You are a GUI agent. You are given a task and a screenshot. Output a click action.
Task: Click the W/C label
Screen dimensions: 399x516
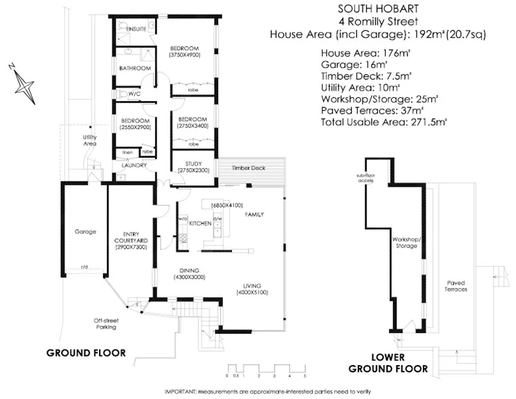(133, 94)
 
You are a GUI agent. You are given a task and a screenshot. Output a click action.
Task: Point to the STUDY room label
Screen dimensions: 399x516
(184, 163)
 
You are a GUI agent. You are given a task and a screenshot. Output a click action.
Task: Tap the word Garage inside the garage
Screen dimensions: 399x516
(86, 232)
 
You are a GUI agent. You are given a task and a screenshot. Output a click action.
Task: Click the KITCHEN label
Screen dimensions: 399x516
(200, 224)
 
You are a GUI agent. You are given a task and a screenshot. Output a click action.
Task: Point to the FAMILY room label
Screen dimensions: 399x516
(254, 215)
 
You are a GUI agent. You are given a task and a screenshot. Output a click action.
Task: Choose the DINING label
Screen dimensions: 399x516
(190, 270)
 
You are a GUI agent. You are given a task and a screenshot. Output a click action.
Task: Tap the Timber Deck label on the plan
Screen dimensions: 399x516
(249, 168)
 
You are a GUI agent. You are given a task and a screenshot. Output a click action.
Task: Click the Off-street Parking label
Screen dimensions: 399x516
(105, 324)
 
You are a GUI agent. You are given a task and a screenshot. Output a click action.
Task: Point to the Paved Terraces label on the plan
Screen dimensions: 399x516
(455, 286)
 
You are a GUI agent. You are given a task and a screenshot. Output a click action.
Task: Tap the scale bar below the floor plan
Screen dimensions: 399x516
(265, 367)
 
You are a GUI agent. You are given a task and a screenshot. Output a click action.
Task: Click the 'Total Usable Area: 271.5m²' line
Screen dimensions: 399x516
(384, 122)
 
